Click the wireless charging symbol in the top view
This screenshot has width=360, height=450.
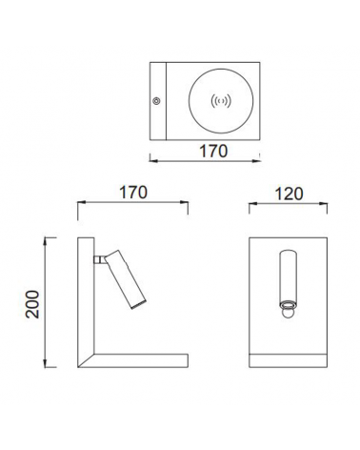pyautogui.click(x=221, y=101)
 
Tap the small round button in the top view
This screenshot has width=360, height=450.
pyautogui.click(x=156, y=101)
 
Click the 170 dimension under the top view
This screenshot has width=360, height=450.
pyautogui.click(x=213, y=151)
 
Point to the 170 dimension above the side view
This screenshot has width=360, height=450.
pyautogui.click(x=133, y=193)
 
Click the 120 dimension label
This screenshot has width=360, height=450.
pyautogui.click(x=289, y=194)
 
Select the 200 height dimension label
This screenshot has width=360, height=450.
pyautogui.click(x=32, y=304)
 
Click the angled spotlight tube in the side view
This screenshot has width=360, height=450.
pyautogui.click(x=126, y=279)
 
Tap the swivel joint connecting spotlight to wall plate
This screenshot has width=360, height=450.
pyautogui.click(x=99, y=259)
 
